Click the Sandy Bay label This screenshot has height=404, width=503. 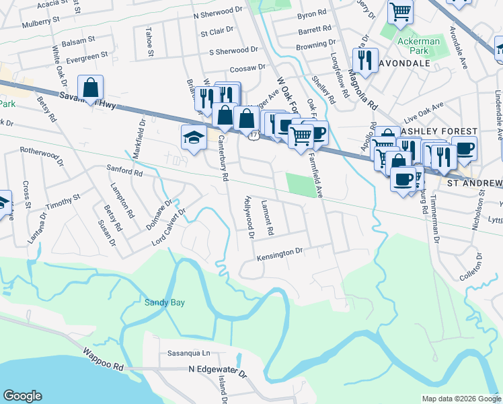tap(164, 303)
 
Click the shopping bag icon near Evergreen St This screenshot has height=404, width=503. tap(90, 87)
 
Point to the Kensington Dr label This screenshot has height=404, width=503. tap(280, 253)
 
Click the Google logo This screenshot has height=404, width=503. tap(22, 396)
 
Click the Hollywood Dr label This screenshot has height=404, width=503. tap(249, 217)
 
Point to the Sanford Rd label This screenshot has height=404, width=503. tap(124, 173)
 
